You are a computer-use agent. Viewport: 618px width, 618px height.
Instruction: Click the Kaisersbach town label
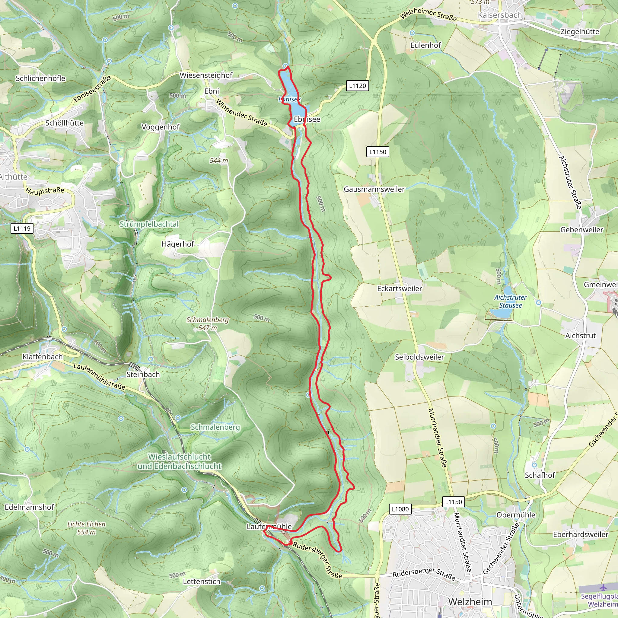(500, 15)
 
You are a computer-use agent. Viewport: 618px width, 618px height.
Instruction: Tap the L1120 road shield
(357, 86)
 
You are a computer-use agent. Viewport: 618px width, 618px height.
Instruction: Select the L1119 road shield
(22, 228)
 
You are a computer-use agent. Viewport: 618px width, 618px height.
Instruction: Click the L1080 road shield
(400, 509)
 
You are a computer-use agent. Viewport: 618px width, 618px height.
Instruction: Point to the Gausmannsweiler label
(374, 190)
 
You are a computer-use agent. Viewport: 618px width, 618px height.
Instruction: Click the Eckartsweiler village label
(400, 288)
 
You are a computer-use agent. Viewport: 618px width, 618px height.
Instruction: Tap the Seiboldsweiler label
(419, 357)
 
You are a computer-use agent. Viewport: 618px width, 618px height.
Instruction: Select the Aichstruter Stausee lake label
(510, 301)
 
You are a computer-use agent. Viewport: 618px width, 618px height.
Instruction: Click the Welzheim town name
(470, 602)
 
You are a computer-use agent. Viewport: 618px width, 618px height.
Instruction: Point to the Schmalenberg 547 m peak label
(208, 324)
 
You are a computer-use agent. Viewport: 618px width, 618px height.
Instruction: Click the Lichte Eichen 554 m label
(86, 528)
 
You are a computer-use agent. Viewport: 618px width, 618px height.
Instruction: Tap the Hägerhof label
(177, 244)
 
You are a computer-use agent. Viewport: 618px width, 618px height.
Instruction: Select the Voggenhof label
(161, 127)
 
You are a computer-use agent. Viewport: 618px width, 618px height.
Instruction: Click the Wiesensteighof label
(206, 75)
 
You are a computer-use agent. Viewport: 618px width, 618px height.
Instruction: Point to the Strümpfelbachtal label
(149, 224)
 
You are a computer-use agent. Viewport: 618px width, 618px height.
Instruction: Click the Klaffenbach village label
(43, 357)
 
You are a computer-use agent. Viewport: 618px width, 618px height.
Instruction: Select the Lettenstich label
(202, 581)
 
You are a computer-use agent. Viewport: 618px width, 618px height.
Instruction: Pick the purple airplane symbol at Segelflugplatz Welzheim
(603, 588)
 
